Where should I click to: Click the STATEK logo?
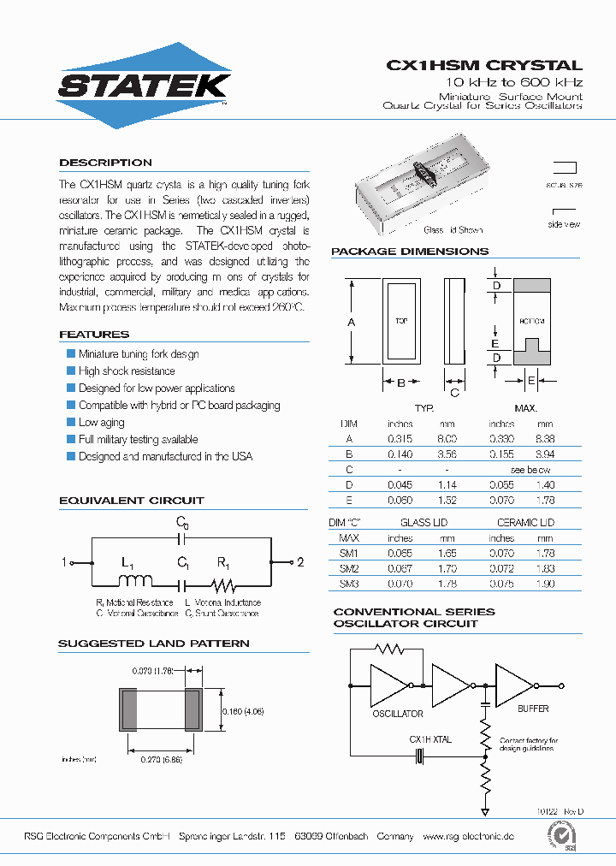pyautogui.click(x=143, y=86)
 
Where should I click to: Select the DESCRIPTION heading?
pyautogui.click(x=105, y=163)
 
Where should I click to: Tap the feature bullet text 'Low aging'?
pyautogui.click(x=101, y=423)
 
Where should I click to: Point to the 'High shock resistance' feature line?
pyautogui.click(x=127, y=371)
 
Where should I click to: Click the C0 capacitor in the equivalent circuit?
pyautogui.click(x=181, y=539)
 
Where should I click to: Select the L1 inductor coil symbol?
pyautogui.click(x=133, y=582)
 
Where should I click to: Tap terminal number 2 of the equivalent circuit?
pyautogui.click(x=300, y=562)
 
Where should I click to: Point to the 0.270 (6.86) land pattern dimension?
pyautogui.click(x=162, y=760)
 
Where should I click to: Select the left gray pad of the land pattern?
pyautogui.click(x=129, y=710)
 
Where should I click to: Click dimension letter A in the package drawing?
pyautogui.click(x=352, y=322)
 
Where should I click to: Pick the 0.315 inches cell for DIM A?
pyautogui.click(x=400, y=438)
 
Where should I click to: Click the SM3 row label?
pyautogui.click(x=348, y=584)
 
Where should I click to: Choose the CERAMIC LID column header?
pyautogui.click(x=525, y=522)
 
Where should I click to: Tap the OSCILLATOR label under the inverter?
pyautogui.click(x=397, y=714)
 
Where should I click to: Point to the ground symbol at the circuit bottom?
pyautogui.click(x=485, y=810)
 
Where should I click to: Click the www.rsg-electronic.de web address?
pyautogui.click(x=468, y=836)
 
